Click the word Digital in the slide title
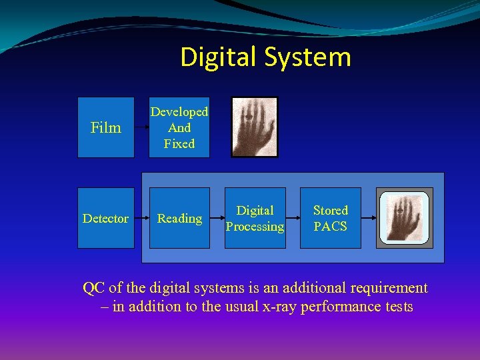coord(219,57)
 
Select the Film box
coord(106,127)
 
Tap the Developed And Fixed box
coord(179,127)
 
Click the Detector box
coord(106,218)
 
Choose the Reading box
coord(179,218)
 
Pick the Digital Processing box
coord(255,218)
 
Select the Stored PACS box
coord(331,218)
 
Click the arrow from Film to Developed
coord(141,127)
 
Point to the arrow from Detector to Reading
coord(141,218)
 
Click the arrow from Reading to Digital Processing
coord(217,218)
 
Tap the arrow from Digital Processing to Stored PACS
coord(293,218)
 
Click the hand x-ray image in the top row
coord(255,127)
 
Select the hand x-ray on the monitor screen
coord(405,217)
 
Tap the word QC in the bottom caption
coord(93,288)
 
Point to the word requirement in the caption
coord(386,288)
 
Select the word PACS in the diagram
coord(331,227)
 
